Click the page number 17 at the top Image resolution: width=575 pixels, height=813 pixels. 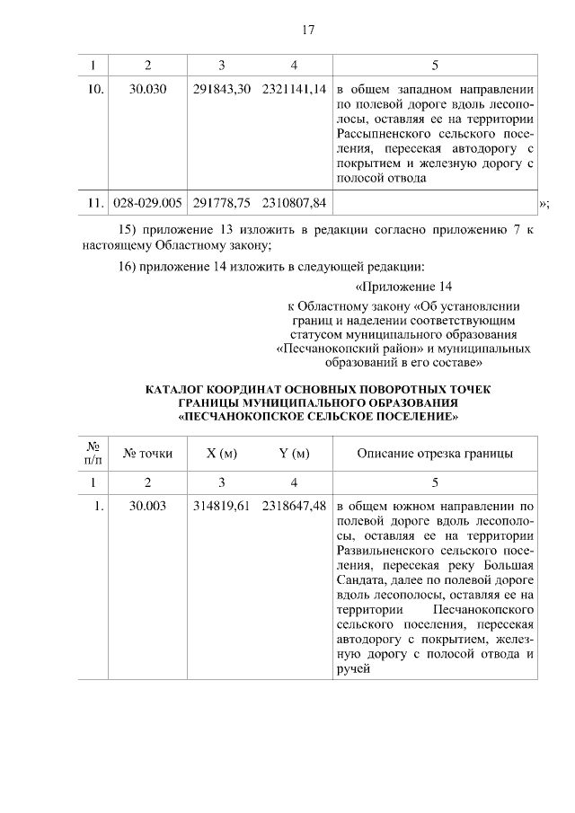point(307,30)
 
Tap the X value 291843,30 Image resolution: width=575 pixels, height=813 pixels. point(221,91)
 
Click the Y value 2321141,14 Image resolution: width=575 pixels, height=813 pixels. point(294,91)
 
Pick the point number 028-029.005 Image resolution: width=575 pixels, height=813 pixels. point(148,204)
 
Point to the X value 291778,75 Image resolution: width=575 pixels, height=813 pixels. point(221,204)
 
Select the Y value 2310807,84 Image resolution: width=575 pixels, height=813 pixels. point(294,204)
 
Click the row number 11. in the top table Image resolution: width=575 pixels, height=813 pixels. point(93,204)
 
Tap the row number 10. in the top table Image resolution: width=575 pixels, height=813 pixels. point(93,91)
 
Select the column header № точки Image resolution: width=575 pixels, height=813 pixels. point(148,453)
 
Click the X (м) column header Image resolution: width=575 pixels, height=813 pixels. point(221,453)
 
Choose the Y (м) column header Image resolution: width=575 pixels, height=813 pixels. point(294,453)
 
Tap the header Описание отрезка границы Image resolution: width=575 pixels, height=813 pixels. point(435,453)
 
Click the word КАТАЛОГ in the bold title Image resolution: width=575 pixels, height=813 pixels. point(174,389)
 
